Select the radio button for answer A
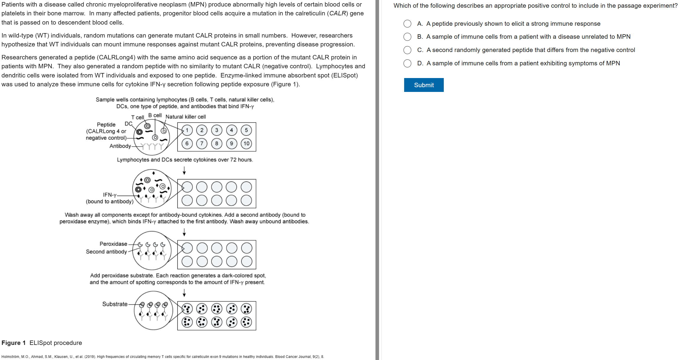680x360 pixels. (407, 24)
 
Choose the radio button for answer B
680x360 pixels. (407, 37)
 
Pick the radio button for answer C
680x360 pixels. (407, 50)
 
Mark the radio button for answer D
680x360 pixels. (407, 63)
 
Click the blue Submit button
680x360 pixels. (424, 85)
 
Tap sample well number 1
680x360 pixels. (187, 130)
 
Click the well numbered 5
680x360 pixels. (246, 130)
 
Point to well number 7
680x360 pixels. (202, 144)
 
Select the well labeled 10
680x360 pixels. (246, 144)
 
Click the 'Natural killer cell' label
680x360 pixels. (186, 117)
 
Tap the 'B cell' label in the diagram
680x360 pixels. (155, 115)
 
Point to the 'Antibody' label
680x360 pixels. (120, 146)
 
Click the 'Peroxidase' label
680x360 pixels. (113, 244)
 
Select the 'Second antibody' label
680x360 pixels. (106, 252)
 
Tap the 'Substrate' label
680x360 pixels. (115, 304)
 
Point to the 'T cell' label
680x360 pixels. (137, 117)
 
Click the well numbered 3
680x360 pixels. (217, 130)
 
